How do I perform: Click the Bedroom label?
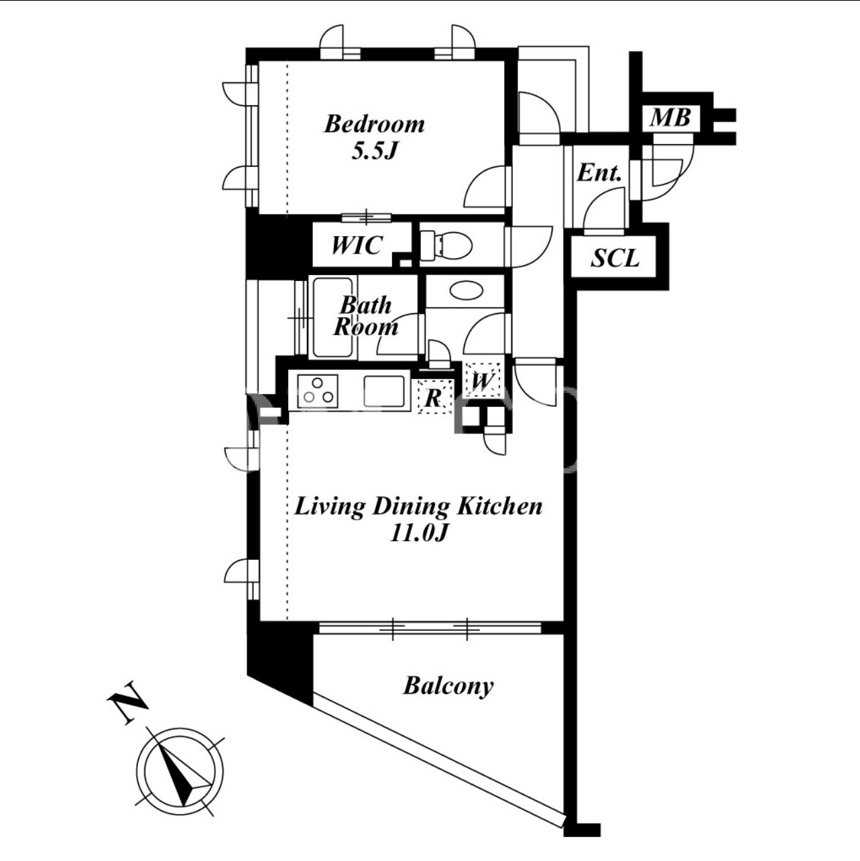click(x=375, y=124)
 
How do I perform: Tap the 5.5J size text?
click(x=375, y=152)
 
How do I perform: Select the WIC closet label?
click(x=357, y=245)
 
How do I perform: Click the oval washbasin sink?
click(x=467, y=291)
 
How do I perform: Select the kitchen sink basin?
click(x=384, y=391)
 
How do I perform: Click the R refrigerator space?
click(x=434, y=396)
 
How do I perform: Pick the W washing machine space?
click(x=482, y=380)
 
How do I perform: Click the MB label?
click(x=670, y=118)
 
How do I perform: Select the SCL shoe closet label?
click(x=615, y=257)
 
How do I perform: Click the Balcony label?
click(x=448, y=686)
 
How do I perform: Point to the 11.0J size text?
click(x=419, y=533)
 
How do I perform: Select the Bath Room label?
click(x=365, y=316)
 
